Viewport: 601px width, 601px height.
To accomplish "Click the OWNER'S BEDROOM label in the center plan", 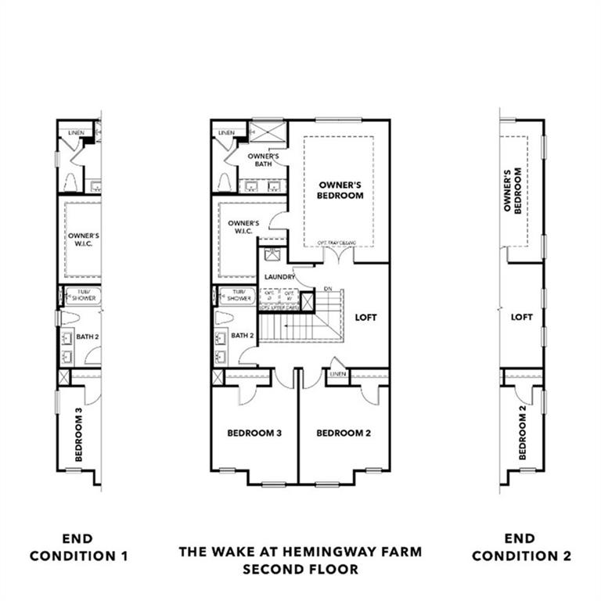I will pos(340,190).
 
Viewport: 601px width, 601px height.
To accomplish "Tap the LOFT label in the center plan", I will pos(365,318).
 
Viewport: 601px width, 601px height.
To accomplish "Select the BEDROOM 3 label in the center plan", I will pos(254,433).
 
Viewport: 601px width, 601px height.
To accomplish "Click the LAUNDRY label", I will pos(279,278).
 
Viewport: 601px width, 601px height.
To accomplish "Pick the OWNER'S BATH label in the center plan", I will pos(259,160).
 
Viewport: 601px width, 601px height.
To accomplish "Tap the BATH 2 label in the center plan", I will pos(243,336).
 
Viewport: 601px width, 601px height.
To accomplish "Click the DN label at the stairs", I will pos(328,288).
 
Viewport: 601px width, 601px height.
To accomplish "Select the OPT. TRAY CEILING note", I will pos(336,243).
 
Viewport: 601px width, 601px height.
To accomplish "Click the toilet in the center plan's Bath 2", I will pos(222,318).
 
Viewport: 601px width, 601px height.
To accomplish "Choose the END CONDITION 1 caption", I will pos(77,548).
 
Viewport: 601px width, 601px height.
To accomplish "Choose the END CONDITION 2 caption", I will pos(521,548).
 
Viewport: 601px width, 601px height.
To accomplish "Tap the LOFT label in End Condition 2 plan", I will pos(521,318).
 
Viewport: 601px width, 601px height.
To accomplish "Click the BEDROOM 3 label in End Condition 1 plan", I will pos(78,434).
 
